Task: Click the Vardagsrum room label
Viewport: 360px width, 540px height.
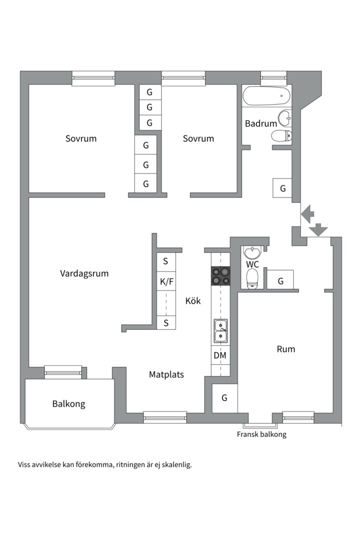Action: (84, 273)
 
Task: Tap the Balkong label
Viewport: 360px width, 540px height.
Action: (68, 404)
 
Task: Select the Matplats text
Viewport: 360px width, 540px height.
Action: (166, 374)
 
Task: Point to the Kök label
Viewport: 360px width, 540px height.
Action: (193, 301)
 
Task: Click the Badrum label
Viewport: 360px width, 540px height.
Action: (260, 124)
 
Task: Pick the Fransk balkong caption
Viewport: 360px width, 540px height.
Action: (261, 434)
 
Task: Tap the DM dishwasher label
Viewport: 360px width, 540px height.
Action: (220, 355)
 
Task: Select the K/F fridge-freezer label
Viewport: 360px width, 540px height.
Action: (166, 282)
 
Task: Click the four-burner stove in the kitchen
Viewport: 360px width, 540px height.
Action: (220, 276)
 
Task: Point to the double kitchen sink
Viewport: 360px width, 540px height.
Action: (220, 331)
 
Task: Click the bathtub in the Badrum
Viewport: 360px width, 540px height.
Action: (266, 95)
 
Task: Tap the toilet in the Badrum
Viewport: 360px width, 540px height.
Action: (282, 135)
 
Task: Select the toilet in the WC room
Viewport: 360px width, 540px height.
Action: (252, 277)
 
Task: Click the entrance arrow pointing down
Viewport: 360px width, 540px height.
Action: (318, 229)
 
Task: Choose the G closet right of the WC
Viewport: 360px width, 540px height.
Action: (280, 281)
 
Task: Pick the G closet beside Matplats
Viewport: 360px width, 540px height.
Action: (224, 398)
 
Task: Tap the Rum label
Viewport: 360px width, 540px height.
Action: (286, 349)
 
